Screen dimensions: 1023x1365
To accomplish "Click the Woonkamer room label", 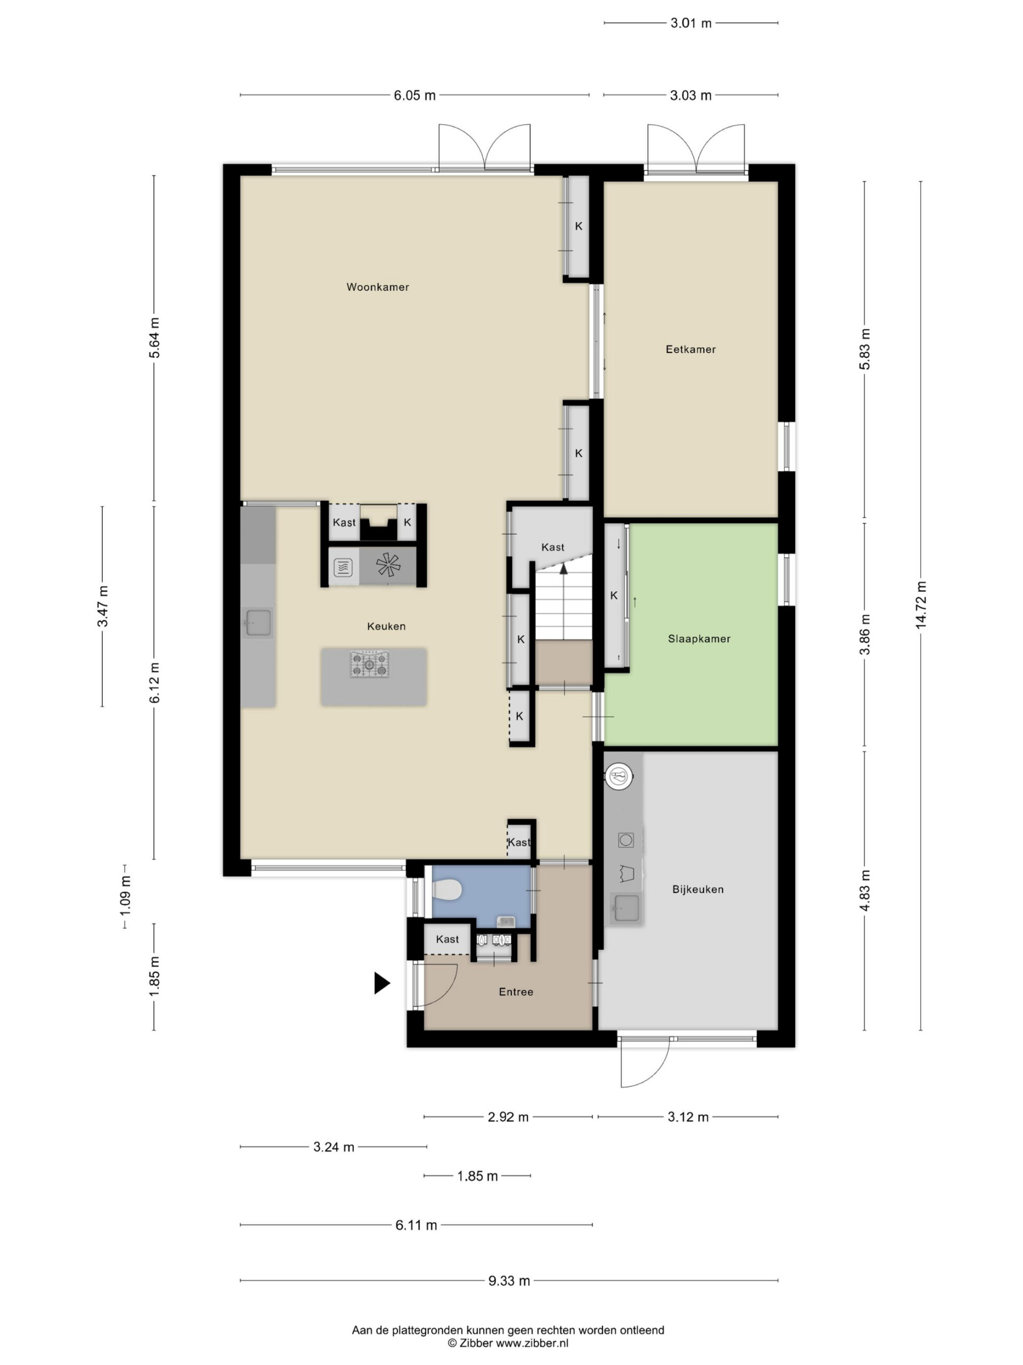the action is [377, 287].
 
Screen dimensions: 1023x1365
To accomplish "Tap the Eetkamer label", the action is [691, 349].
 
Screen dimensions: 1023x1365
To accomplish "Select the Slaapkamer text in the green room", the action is [699, 639].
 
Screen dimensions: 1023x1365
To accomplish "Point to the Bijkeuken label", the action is [698, 889].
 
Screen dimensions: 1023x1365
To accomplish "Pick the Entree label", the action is [516, 992].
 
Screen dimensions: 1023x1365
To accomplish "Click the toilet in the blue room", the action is [447, 890].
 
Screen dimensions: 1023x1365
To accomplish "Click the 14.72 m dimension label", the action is [921, 605].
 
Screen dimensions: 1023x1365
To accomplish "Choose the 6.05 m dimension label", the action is [415, 95].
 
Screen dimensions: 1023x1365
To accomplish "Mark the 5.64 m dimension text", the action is [154, 338].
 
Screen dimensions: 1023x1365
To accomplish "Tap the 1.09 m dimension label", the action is [125, 895].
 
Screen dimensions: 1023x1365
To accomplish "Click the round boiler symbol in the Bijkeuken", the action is [619, 775].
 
